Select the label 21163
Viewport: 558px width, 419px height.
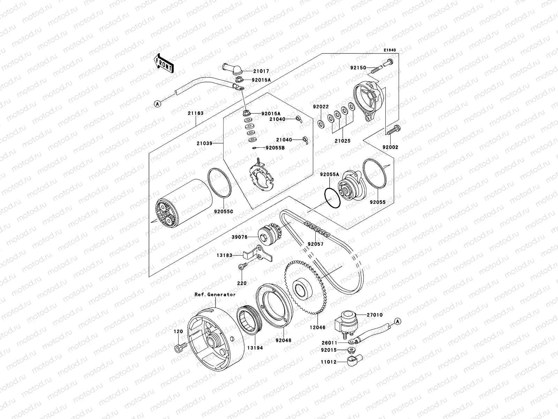(x=195, y=113)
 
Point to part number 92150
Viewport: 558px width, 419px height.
(x=359, y=68)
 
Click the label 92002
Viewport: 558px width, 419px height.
(x=390, y=147)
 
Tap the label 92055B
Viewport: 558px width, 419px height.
(x=275, y=148)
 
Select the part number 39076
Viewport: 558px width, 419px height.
(x=239, y=237)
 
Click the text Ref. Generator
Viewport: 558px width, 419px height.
(x=215, y=294)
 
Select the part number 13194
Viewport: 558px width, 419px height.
(x=256, y=348)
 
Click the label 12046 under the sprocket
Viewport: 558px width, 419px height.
(x=317, y=328)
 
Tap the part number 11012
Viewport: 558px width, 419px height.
(x=329, y=362)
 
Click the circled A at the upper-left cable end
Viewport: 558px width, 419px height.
(x=158, y=104)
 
